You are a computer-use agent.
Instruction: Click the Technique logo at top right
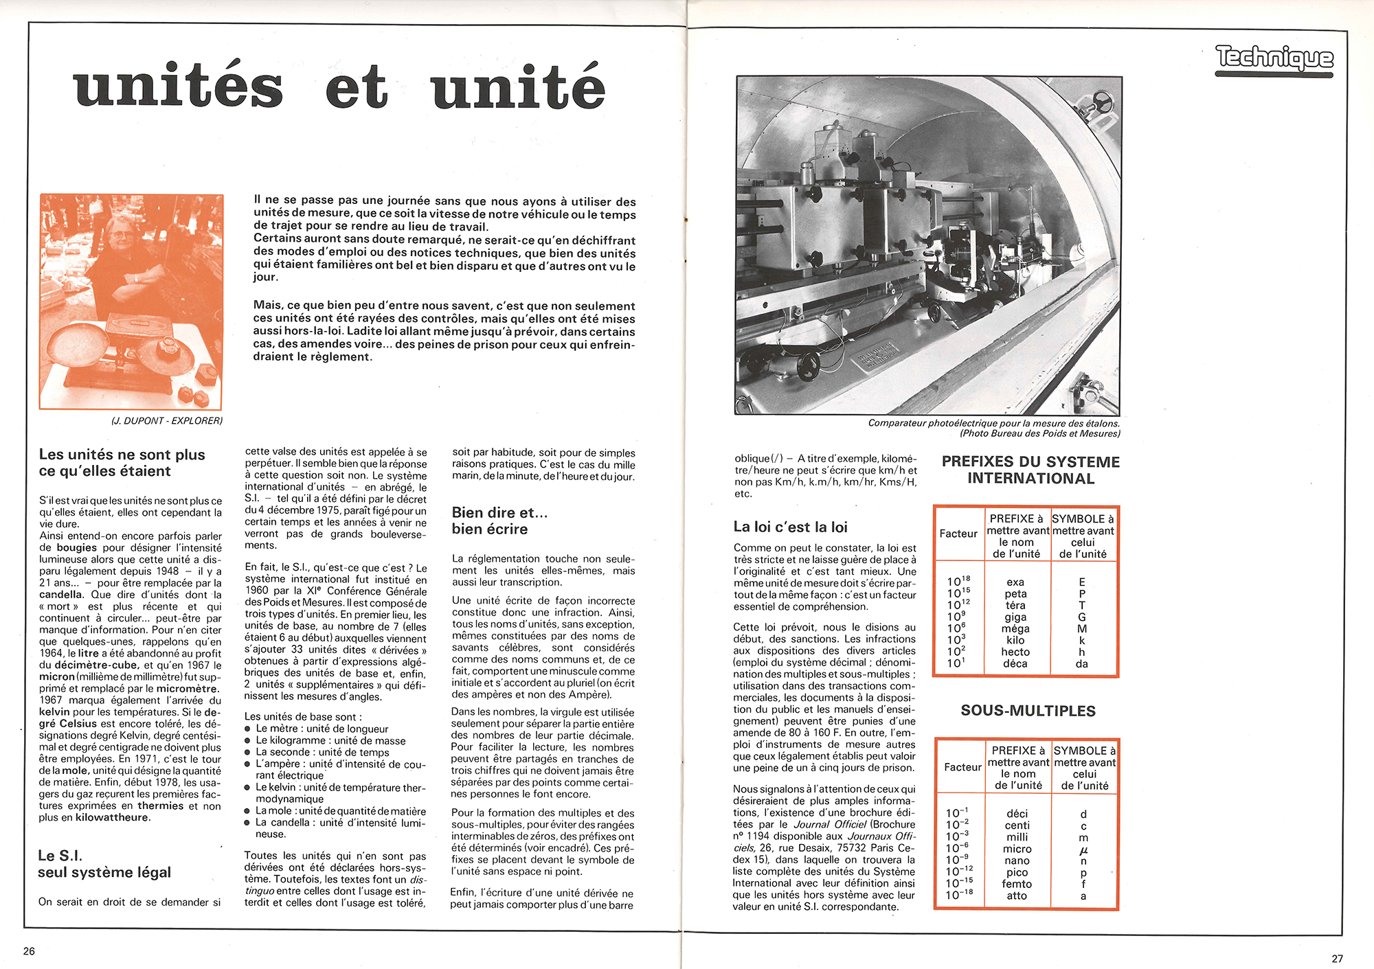(x=1274, y=58)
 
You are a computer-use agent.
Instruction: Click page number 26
(x=29, y=951)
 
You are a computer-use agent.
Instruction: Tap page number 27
(x=1337, y=959)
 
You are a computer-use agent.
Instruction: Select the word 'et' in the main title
(x=357, y=88)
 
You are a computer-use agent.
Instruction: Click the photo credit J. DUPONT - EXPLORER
(x=167, y=420)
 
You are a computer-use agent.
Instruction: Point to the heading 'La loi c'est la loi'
(x=790, y=527)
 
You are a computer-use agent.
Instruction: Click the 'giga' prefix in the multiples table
(x=1015, y=617)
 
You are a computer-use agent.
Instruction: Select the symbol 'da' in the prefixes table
(x=1082, y=663)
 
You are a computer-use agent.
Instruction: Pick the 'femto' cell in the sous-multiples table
(x=1017, y=884)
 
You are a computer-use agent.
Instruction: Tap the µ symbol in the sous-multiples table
(x=1083, y=850)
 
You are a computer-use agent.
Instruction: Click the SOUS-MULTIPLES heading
(x=1028, y=711)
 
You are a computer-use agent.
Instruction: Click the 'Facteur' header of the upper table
(x=958, y=534)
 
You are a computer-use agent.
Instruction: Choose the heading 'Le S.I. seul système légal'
(x=104, y=864)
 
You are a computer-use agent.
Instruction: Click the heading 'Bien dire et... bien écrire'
(x=499, y=521)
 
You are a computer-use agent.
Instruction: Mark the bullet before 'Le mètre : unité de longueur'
(x=249, y=729)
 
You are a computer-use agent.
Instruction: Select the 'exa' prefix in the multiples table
(x=1015, y=582)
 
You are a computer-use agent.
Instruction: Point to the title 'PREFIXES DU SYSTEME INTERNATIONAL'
(x=1030, y=470)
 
